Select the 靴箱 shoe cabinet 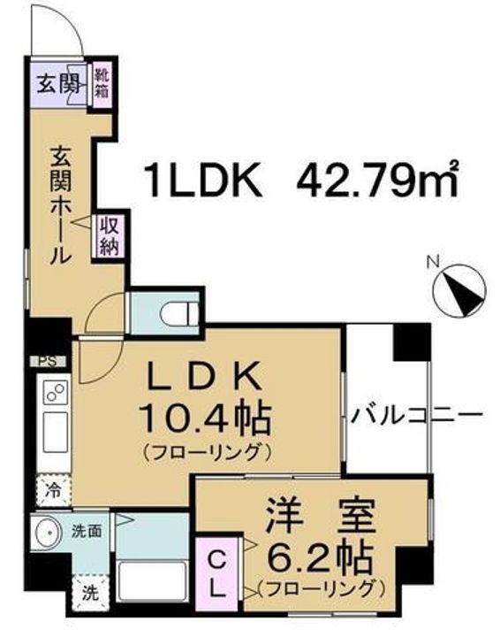(x=102, y=82)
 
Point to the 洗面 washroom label (x=86, y=532)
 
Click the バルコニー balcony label (x=416, y=414)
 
